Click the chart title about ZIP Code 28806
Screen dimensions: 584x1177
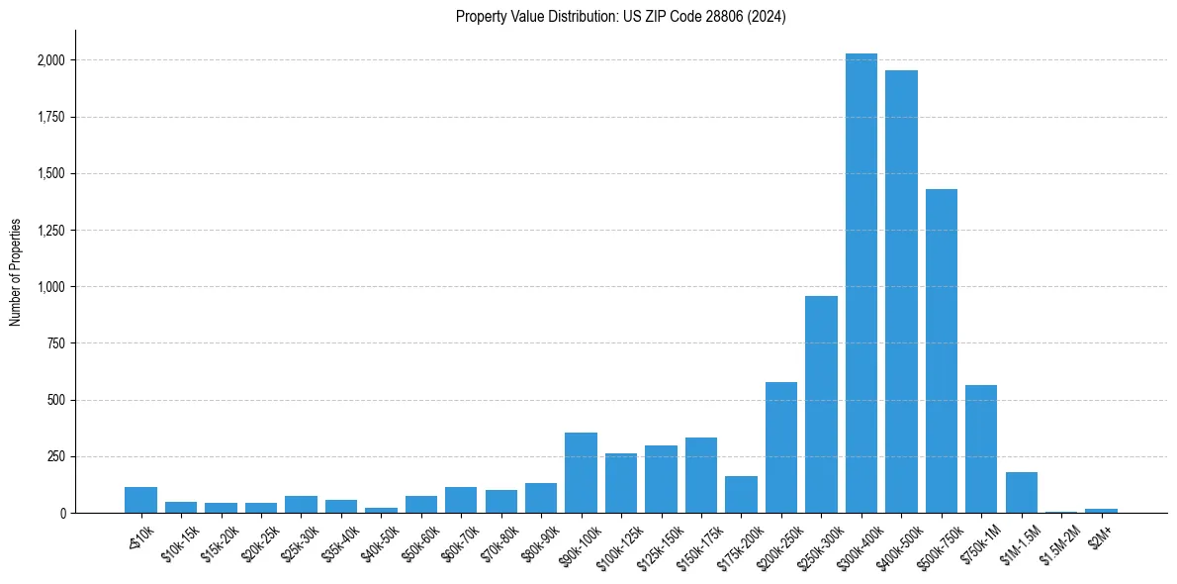[620, 17]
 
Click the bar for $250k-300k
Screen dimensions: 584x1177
[821, 405]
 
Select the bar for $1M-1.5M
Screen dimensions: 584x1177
[1021, 493]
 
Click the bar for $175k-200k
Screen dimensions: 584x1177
[741, 495]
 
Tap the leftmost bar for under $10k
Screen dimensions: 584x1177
[140, 500]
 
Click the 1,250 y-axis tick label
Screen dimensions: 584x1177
[51, 231]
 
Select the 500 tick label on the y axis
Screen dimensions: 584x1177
[57, 401]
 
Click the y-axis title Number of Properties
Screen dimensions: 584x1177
[16, 272]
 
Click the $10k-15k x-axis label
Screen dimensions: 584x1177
[177, 542]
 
